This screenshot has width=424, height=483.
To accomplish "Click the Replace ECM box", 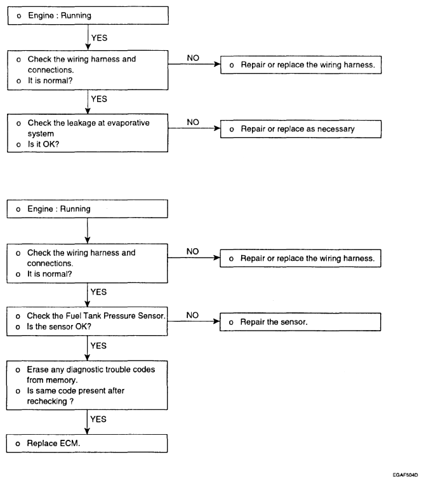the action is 87,443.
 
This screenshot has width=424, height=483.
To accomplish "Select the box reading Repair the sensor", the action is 300,322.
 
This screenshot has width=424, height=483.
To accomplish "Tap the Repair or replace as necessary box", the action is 301,129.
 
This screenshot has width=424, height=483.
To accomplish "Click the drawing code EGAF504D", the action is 405,475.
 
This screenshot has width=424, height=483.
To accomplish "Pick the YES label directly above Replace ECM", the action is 98,420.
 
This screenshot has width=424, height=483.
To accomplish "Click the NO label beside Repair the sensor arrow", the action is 192,315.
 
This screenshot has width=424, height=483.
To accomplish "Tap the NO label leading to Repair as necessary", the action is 193,122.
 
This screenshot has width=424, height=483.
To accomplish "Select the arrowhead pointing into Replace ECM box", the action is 87,431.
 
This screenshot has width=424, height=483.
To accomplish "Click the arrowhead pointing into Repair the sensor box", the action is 216,321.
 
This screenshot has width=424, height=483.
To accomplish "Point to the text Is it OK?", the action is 43,144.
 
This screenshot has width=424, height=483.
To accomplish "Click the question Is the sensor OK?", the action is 59,326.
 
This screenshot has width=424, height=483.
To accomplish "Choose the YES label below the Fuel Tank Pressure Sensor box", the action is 98,346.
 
